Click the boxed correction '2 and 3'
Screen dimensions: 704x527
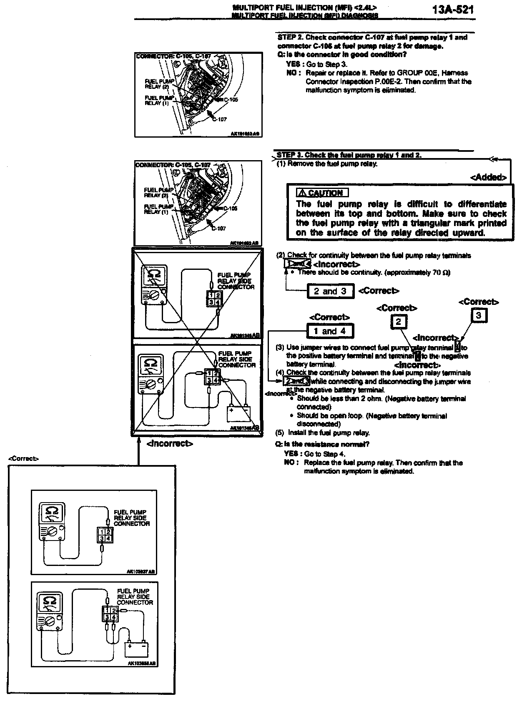[330, 291]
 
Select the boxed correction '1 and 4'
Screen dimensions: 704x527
[330, 331]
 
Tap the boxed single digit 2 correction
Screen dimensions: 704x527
[398, 322]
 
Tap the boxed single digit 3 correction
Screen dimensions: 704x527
[478, 315]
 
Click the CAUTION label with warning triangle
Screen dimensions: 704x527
[321, 193]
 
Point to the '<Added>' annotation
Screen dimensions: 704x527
[488, 177]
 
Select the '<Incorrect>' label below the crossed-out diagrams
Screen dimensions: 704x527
[170, 444]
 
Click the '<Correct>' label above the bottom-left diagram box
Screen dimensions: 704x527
[23, 458]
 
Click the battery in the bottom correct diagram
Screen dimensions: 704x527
[136, 649]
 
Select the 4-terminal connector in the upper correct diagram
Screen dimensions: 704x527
[104, 534]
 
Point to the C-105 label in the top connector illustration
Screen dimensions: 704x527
[231, 100]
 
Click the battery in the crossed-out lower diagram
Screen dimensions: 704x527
[238, 413]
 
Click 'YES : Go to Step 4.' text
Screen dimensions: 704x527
[315, 454]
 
